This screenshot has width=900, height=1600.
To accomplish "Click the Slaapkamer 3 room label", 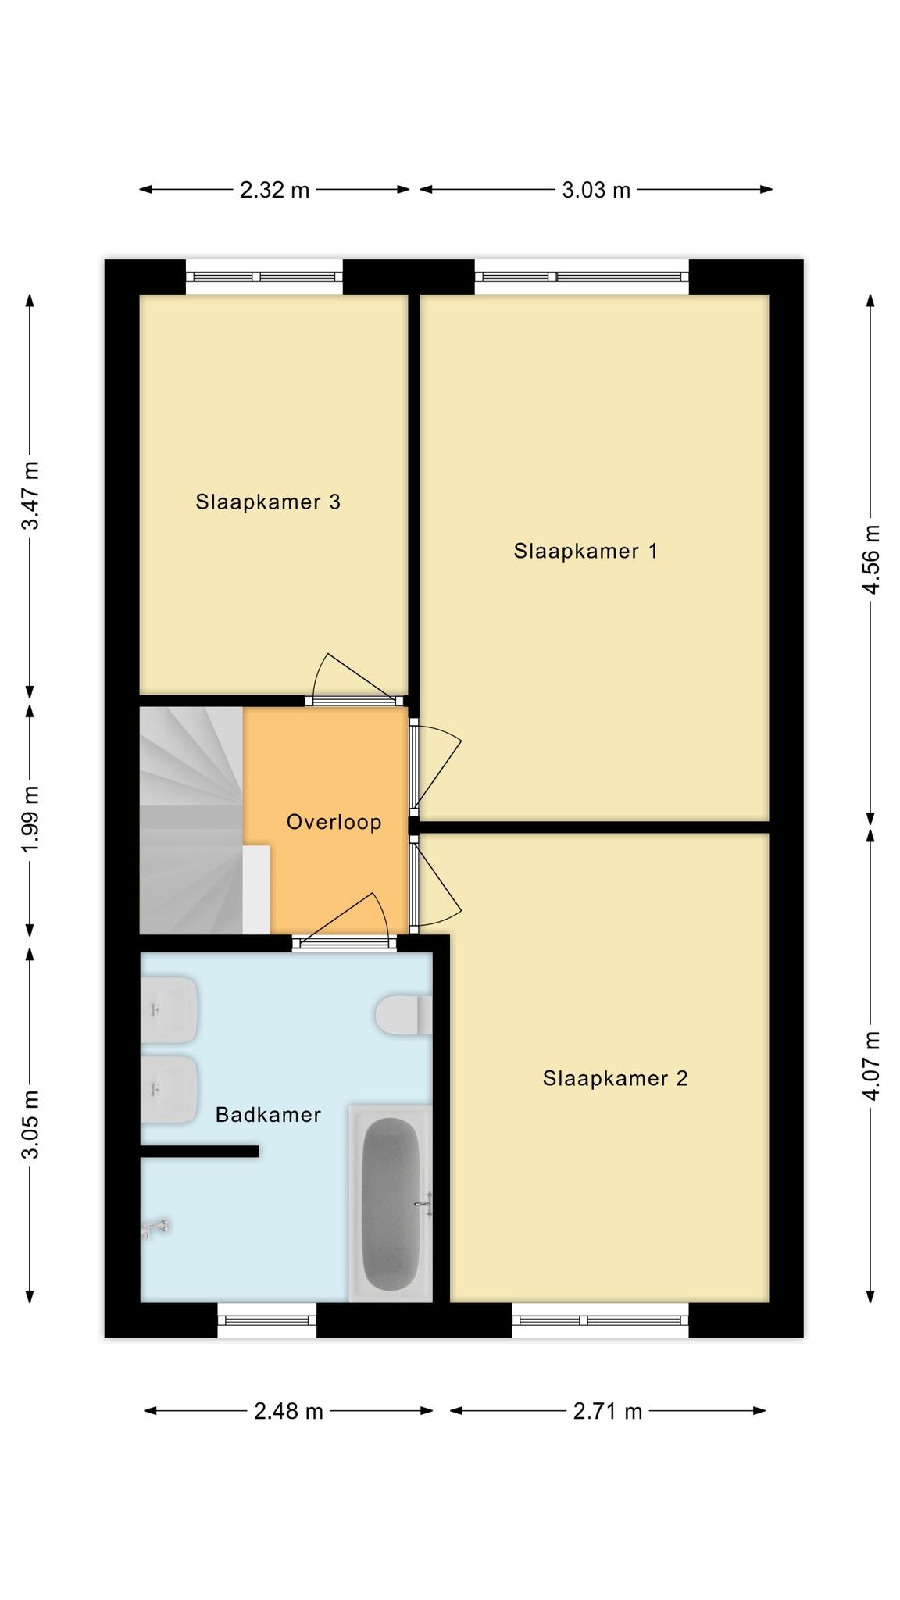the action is [268, 502].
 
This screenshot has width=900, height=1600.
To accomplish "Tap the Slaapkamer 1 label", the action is [585, 552].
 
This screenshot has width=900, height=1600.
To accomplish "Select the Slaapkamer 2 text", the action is [615, 1079].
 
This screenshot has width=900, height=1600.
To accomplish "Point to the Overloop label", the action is [334, 822].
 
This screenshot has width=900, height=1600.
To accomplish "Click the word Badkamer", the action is [268, 1115].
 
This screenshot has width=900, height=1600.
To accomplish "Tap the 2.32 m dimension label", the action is [274, 190].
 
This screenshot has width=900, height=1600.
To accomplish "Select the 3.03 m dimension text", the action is [596, 190].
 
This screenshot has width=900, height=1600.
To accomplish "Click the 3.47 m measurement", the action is [31, 495].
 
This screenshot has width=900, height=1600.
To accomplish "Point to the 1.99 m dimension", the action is [31, 820].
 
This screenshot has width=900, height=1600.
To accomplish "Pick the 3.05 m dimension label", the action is [31, 1125].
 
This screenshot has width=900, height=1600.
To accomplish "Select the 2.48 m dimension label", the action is [288, 1412].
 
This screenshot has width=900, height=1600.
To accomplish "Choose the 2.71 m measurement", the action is [608, 1412].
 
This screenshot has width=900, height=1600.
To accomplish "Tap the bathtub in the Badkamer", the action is [391, 1204].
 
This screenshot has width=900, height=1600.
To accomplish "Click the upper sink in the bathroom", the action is [169, 1009].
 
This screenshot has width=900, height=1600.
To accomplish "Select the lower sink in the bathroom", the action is [169, 1090].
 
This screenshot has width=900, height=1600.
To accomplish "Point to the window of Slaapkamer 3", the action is [264, 277].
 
